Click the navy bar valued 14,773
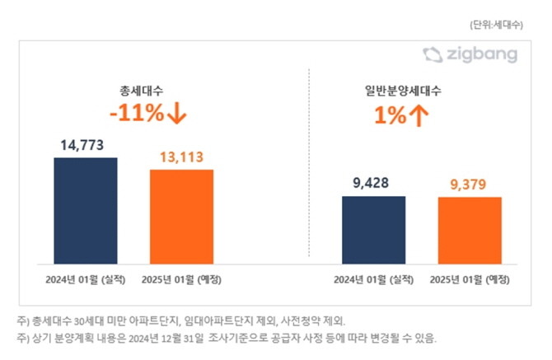[x=85, y=210]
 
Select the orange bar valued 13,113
[x=181, y=217]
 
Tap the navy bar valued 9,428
[x=373, y=230]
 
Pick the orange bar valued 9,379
[x=470, y=231]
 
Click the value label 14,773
[x=86, y=146]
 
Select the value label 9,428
[x=373, y=184]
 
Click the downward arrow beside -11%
[x=176, y=114]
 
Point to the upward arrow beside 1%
[x=419, y=116]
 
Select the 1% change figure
[x=391, y=116]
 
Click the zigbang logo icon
[x=433, y=55]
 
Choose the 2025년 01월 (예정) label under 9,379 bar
[x=470, y=278]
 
